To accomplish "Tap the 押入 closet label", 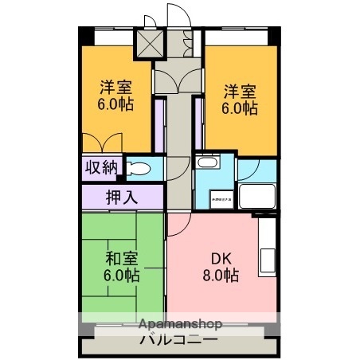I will tap(122, 195).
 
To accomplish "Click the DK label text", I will tap(219, 259).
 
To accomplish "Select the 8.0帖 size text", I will tap(219, 276).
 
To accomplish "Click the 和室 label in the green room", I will tap(121, 259).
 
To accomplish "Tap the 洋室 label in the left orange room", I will tap(115, 87).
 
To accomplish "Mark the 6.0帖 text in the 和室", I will tap(121, 276).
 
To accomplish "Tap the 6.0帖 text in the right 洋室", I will tap(240, 108).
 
